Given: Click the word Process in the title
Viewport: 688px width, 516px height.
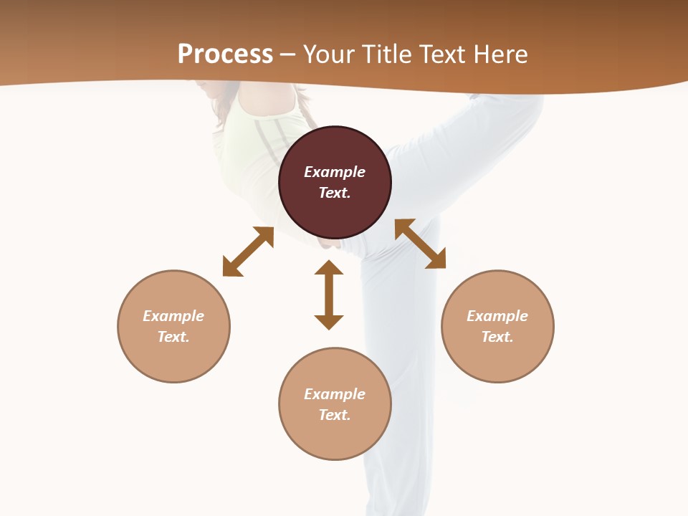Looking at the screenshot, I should pyautogui.click(x=225, y=54).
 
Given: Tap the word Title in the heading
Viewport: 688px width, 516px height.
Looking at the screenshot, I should pyautogui.click(x=386, y=54).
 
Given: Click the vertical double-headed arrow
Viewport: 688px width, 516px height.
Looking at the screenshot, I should pyautogui.click(x=329, y=295).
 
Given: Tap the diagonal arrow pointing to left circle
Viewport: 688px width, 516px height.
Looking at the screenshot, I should pyautogui.click(x=248, y=252).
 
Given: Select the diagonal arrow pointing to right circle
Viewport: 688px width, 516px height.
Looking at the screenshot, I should pyautogui.click(x=421, y=244).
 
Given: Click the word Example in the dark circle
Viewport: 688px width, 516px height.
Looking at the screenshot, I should pyautogui.click(x=335, y=172).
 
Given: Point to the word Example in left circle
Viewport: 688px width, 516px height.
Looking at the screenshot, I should pyautogui.click(x=173, y=316).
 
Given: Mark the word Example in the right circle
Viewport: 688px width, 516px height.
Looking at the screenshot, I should pyautogui.click(x=497, y=316).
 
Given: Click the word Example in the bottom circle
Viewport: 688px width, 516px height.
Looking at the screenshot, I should pyautogui.click(x=335, y=394).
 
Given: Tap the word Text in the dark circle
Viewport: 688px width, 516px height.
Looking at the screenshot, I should pyautogui.click(x=335, y=193).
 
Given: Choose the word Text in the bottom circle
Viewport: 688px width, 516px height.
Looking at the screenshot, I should pyautogui.click(x=335, y=415).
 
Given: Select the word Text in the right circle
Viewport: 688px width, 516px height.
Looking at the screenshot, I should pyautogui.click(x=497, y=337).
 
